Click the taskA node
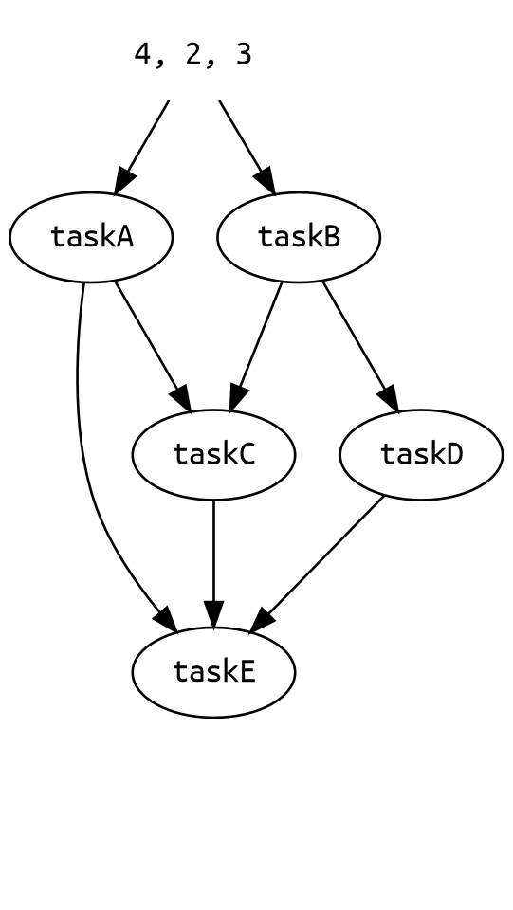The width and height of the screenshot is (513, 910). click(91, 237)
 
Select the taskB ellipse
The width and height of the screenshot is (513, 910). click(299, 237)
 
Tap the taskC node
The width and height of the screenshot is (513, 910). click(213, 454)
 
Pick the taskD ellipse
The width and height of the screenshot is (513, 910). click(421, 454)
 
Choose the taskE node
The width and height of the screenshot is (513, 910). click(213, 672)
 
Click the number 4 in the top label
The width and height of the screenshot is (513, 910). click(143, 55)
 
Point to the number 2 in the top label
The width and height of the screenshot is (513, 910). click(193, 55)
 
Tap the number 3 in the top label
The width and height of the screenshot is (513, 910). click(244, 55)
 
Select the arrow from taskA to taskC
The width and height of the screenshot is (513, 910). click(154, 348)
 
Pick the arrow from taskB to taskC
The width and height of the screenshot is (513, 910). click(255, 348)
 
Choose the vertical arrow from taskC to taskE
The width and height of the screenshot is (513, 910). click(213, 564)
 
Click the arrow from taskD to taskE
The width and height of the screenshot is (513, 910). click(317, 563)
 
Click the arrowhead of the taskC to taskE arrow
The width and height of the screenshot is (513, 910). click(213, 615)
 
